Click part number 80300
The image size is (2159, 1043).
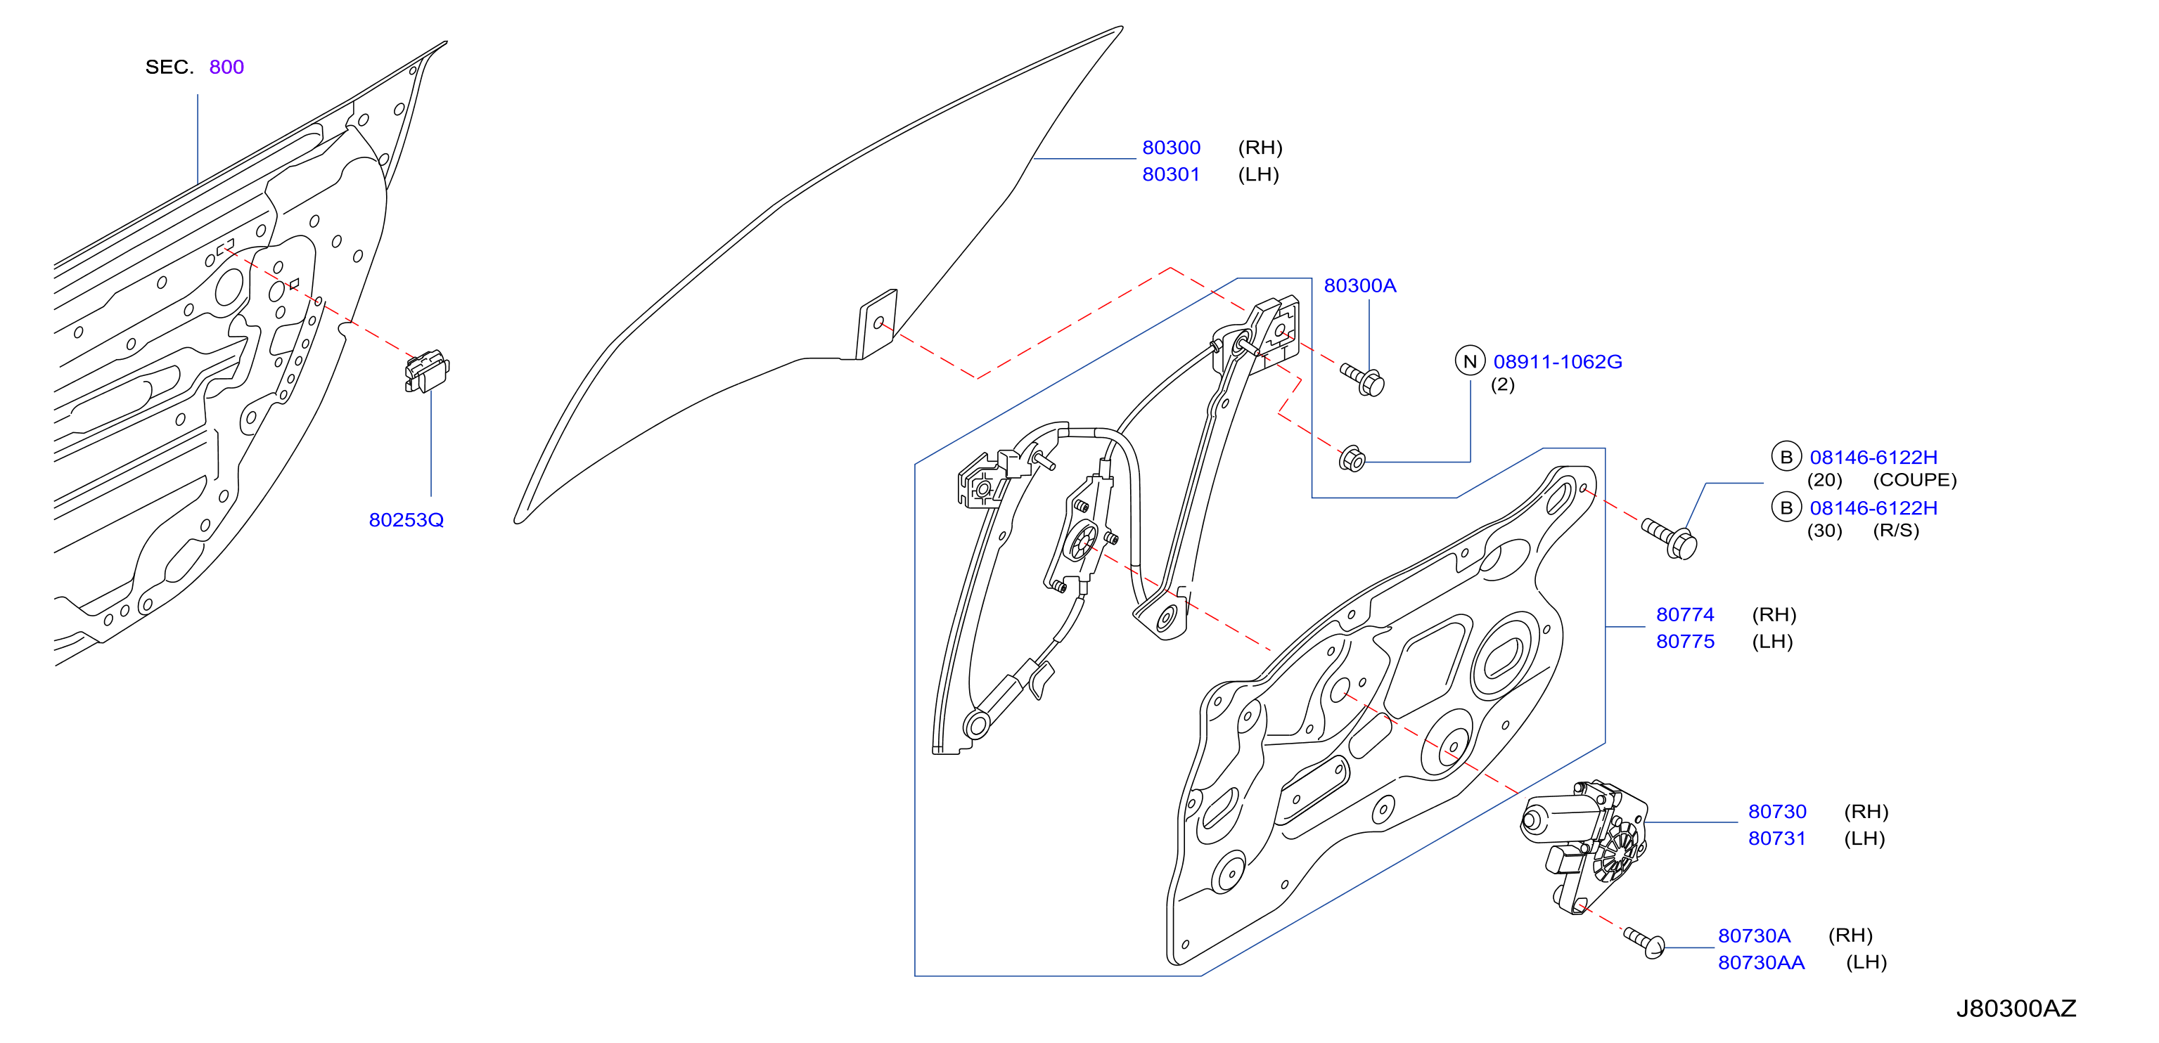(1171, 148)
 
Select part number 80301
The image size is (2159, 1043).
(1171, 174)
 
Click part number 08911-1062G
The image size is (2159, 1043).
(1557, 362)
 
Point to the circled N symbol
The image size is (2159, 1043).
(1469, 361)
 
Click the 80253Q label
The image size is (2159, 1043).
(406, 520)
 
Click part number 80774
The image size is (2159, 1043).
(1684, 615)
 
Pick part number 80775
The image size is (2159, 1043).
(1684, 642)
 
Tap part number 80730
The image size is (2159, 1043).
(1777, 812)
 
